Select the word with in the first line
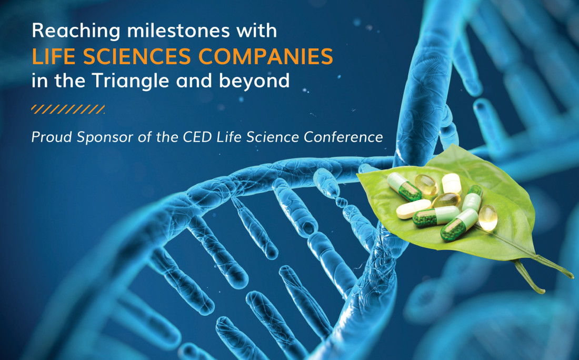[x=257, y=30]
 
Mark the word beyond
[x=254, y=81]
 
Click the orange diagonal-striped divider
[x=68, y=109]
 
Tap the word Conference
[x=343, y=137]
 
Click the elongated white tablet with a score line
[x=414, y=208]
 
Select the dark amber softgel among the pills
[x=446, y=200]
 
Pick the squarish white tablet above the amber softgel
[x=452, y=184]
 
